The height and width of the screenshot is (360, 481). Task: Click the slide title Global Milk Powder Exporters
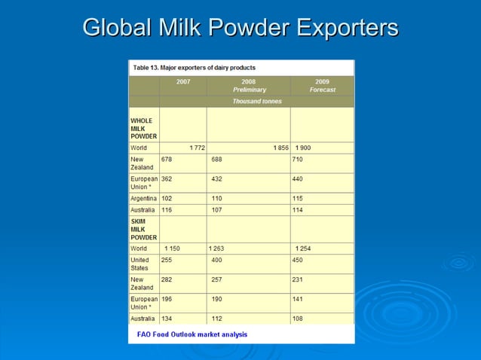pyautogui.click(x=240, y=28)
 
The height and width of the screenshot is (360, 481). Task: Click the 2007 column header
pyautogui.click(x=183, y=81)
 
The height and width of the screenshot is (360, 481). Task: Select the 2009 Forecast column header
pyautogui.click(x=322, y=85)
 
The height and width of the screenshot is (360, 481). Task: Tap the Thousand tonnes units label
pyautogui.click(x=257, y=101)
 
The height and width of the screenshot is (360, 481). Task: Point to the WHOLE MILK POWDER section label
pyautogui.click(x=143, y=128)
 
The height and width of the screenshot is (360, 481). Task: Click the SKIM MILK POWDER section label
pyautogui.click(x=143, y=227)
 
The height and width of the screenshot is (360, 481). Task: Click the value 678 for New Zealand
pyautogui.click(x=167, y=160)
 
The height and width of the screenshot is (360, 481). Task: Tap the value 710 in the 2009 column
pyautogui.click(x=300, y=160)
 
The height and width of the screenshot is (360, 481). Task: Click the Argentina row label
pyautogui.click(x=143, y=198)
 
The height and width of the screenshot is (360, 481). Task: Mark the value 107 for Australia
pyautogui.click(x=217, y=209)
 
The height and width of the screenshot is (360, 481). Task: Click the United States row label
pyautogui.click(x=140, y=264)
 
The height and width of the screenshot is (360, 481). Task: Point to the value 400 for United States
pyautogui.click(x=217, y=260)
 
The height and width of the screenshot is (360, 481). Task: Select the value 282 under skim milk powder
pyautogui.click(x=167, y=279)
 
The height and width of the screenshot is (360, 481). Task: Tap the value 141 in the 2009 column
pyautogui.click(x=299, y=299)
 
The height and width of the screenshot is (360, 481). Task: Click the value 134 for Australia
pyautogui.click(x=167, y=319)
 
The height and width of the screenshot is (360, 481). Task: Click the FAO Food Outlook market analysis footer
pyautogui.click(x=191, y=334)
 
